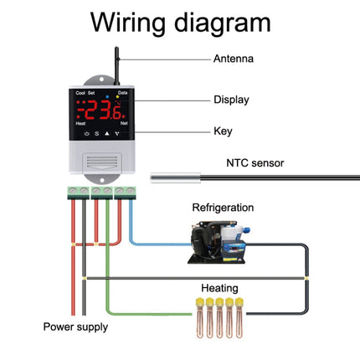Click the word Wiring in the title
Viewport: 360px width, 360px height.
[x=135, y=23]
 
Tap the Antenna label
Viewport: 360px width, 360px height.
[x=234, y=59]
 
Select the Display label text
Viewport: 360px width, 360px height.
[x=231, y=99]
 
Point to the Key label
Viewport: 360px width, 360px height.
[x=223, y=131]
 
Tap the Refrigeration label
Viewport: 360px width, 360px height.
[x=223, y=208]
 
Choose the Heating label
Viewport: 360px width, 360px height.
[x=217, y=285]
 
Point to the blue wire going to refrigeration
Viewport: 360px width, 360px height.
[x=159, y=244]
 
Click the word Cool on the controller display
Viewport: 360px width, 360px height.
[x=80, y=94]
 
